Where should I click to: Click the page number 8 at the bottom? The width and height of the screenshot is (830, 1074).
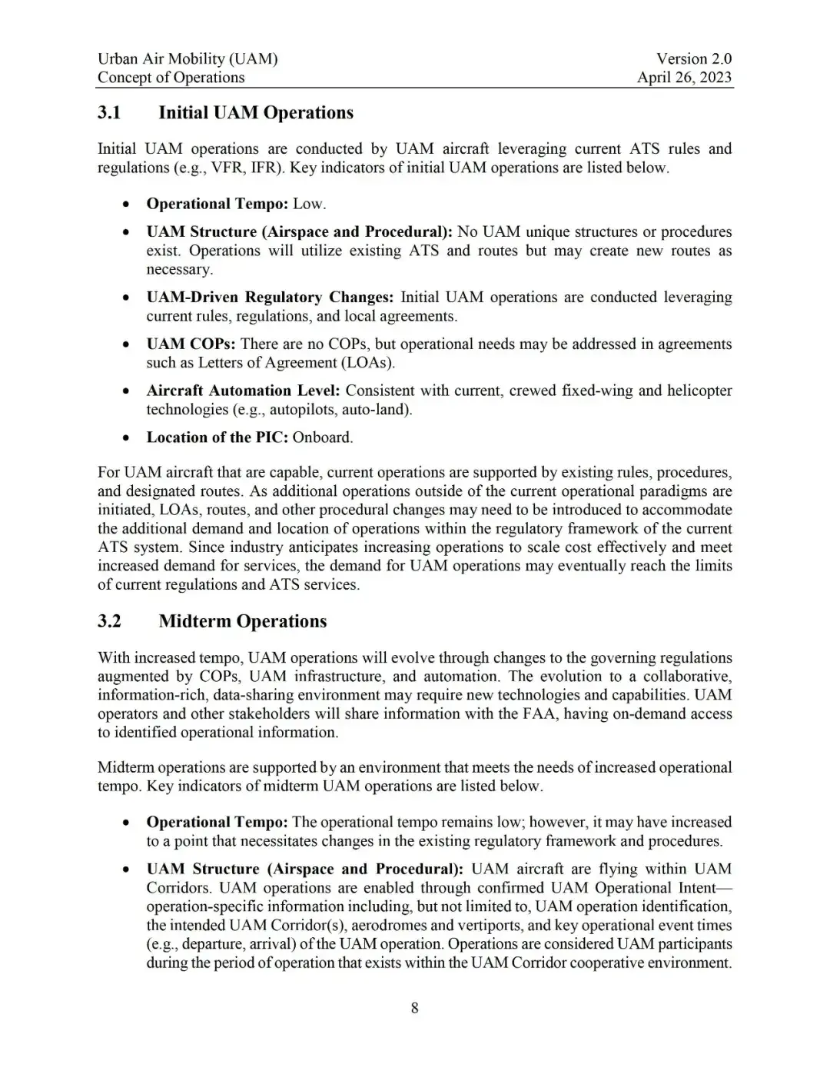point(415,1008)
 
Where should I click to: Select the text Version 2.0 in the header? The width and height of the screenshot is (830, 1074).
point(693,58)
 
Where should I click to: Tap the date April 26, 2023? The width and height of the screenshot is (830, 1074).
point(684,78)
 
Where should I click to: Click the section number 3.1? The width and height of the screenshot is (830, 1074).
point(109,113)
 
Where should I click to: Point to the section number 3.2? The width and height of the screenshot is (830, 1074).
point(109,621)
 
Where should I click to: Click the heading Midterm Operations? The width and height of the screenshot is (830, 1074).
point(242,621)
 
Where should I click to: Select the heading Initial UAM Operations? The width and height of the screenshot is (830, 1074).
point(256,113)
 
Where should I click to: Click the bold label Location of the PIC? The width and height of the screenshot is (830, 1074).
point(217,437)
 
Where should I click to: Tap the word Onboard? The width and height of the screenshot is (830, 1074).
point(322,437)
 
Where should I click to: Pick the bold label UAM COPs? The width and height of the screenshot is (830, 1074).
point(191,344)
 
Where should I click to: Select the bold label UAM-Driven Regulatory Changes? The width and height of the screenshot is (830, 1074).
point(270,298)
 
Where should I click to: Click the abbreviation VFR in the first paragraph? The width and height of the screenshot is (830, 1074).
point(228,168)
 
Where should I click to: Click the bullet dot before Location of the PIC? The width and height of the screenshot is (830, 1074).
point(125,438)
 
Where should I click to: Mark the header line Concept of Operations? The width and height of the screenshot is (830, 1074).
point(171,78)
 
